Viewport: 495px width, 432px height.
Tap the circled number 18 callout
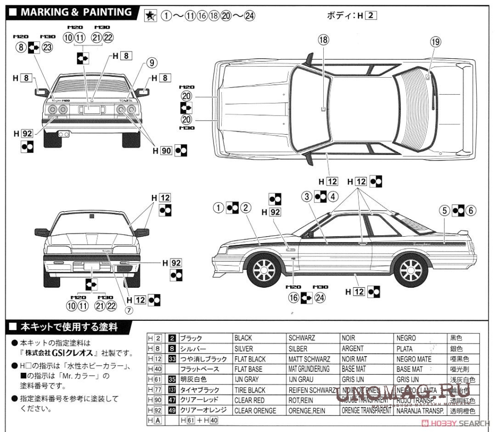click(x=323, y=40)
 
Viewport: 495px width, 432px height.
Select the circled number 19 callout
click(x=435, y=42)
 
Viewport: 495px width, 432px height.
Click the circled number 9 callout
click(x=151, y=62)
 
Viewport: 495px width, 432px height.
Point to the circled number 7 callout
click(x=129, y=310)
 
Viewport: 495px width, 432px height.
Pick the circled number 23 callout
click(x=47, y=47)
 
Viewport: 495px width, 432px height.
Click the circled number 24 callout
click(x=319, y=298)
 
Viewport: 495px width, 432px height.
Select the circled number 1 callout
click(x=219, y=208)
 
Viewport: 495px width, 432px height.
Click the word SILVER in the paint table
click(x=243, y=348)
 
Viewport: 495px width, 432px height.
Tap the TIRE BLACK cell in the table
click(x=249, y=390)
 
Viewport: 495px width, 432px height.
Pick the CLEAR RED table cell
click(x=249, y=400)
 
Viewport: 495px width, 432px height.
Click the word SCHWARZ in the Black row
click(x=302, y=338)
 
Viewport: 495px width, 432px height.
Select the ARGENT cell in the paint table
click(x=352, y=348)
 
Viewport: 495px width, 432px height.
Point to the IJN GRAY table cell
click(x=247, y=379)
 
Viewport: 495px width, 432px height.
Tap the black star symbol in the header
click(x=150, y=16)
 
